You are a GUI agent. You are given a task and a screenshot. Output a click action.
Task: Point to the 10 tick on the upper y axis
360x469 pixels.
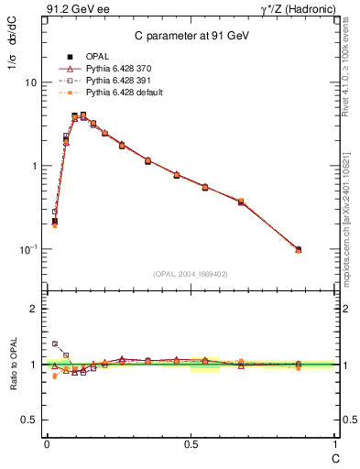30,82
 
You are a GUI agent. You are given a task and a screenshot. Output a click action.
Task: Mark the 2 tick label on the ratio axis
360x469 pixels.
34,309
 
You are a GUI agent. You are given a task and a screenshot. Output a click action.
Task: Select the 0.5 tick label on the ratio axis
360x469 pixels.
30,420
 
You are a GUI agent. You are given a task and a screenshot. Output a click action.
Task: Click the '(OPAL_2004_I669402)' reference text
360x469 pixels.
190,273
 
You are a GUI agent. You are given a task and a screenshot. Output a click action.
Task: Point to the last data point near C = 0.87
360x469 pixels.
299,249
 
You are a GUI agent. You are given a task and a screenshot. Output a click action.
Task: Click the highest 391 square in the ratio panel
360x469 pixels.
54,344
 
